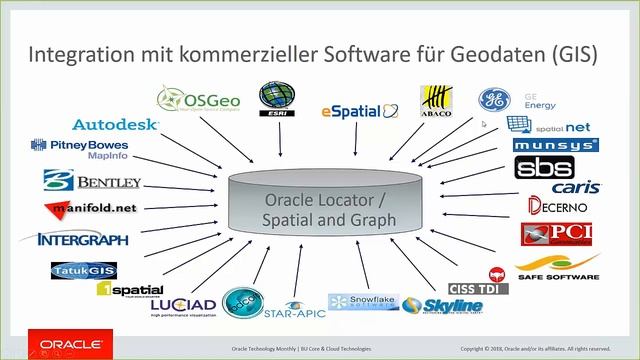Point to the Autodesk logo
click(115, 125)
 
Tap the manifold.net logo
click(91, 209)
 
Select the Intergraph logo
click(82, 239)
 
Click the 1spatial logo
click(130, 289)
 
